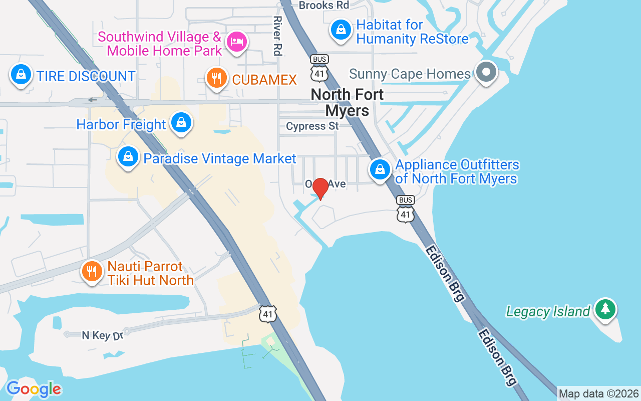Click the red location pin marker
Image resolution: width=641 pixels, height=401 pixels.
point(320,189)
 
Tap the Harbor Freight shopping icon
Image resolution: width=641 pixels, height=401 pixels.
point(181,123)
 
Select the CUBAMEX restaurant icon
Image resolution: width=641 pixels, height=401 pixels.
point(217,79)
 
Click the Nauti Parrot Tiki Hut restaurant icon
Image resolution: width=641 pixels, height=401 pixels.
point(92,272)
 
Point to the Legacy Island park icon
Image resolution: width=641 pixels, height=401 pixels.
point(605,309)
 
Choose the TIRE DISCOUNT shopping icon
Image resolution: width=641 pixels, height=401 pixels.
point(21,75)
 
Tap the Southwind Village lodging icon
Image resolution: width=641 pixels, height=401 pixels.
point(236,41)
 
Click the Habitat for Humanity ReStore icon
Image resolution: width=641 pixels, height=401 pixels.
point(341,30)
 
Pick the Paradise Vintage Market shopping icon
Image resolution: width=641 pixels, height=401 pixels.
point(129,157)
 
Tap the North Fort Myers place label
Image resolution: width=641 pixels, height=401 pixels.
point(347,102)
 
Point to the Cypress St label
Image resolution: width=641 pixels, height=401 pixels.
point(312,126)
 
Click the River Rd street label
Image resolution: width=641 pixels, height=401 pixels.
point(277,35)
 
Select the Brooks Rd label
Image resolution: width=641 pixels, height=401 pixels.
point(324,6)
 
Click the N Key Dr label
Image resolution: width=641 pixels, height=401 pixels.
point(102,335)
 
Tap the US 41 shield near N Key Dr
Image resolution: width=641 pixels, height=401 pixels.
point(268,313)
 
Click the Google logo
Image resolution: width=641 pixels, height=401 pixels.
point(34,389)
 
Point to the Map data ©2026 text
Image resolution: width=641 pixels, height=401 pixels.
point(599,394)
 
